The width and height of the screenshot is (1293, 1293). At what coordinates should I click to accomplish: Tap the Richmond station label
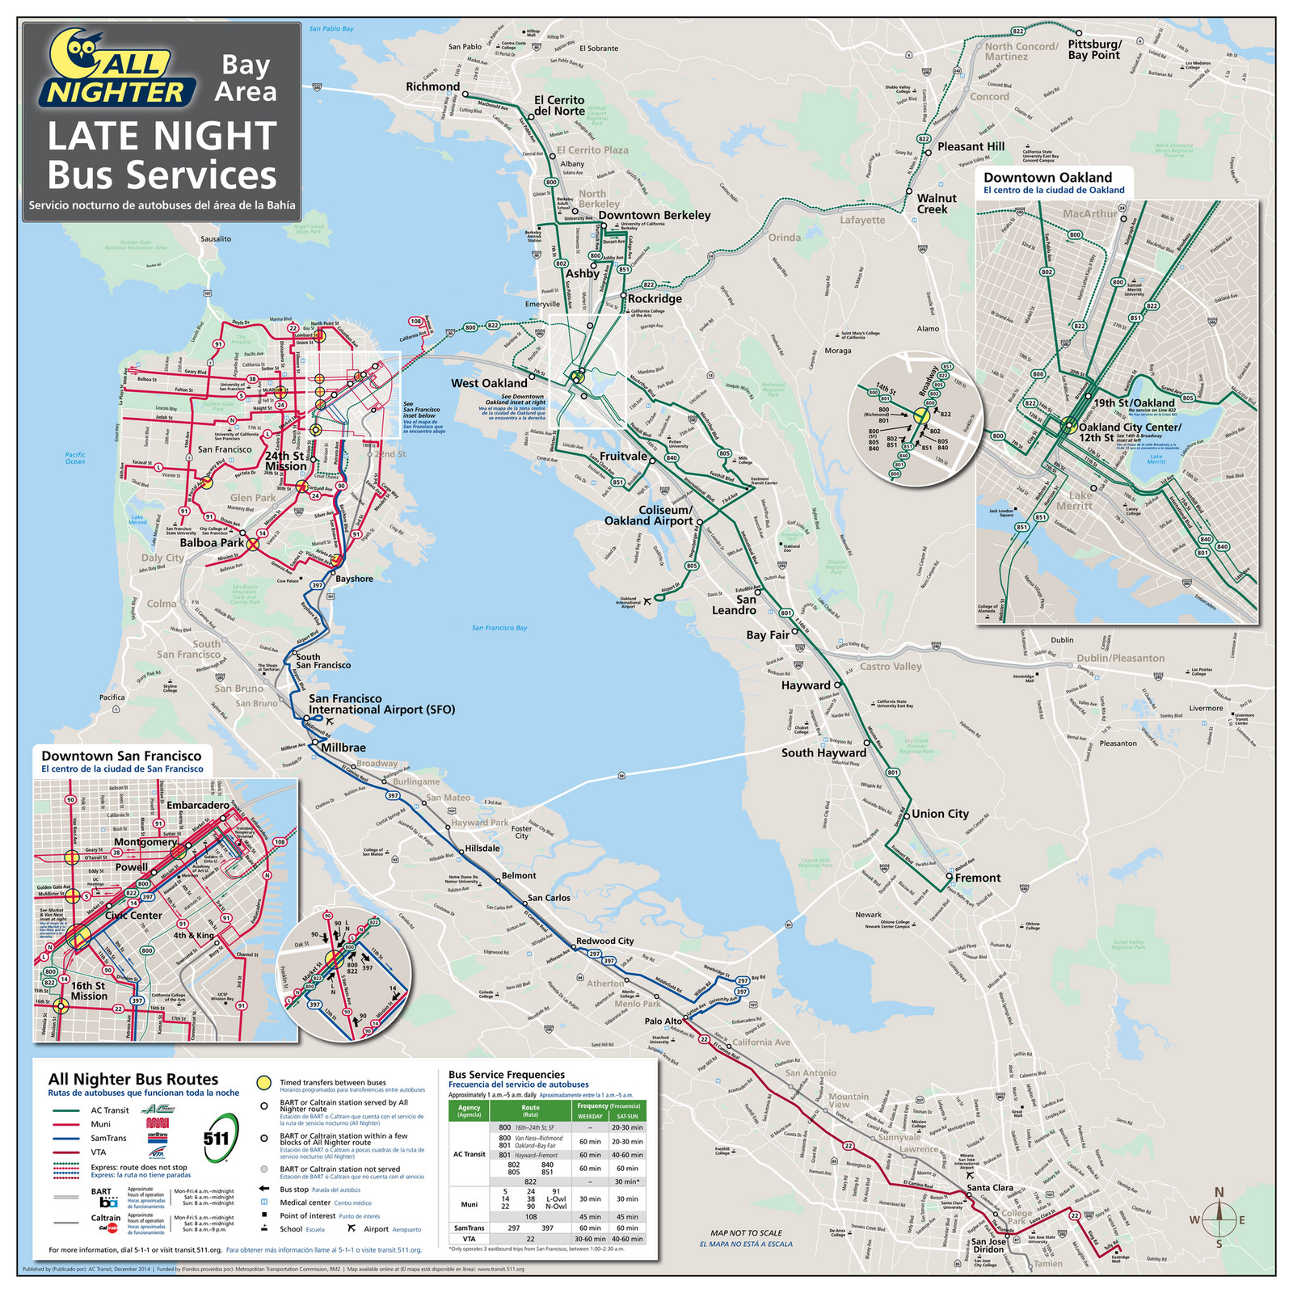(432, 86)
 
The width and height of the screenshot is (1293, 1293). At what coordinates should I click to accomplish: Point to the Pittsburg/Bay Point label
(1094, 50)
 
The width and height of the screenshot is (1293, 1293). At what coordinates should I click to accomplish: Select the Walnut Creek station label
(937, 204)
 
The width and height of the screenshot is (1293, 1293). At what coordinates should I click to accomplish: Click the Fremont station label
(977, 878)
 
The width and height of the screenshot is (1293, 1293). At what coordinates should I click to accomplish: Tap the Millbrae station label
(343, 748)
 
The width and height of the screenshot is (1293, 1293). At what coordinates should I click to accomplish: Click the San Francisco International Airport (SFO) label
(381, 704)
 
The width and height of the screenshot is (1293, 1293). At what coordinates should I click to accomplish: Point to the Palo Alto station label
(663, 1021)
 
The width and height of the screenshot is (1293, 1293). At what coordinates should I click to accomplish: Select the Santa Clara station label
(990, 1187)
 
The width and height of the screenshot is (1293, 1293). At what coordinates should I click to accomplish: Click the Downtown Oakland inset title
(1047, 178)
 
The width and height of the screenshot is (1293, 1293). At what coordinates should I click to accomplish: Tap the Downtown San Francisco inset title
(121, 756)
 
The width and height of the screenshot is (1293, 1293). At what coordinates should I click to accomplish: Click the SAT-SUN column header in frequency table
(627, 1116)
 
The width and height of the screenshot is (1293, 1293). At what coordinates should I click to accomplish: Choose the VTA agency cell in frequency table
(469, 1239)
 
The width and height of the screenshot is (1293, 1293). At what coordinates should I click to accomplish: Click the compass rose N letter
(1219, 1192)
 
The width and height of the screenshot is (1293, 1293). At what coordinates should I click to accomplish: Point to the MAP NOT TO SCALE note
(746, 1233)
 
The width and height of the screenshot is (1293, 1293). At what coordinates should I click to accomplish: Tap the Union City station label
(940, 814)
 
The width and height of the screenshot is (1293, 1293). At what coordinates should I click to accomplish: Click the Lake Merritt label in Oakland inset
(1080, 500)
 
